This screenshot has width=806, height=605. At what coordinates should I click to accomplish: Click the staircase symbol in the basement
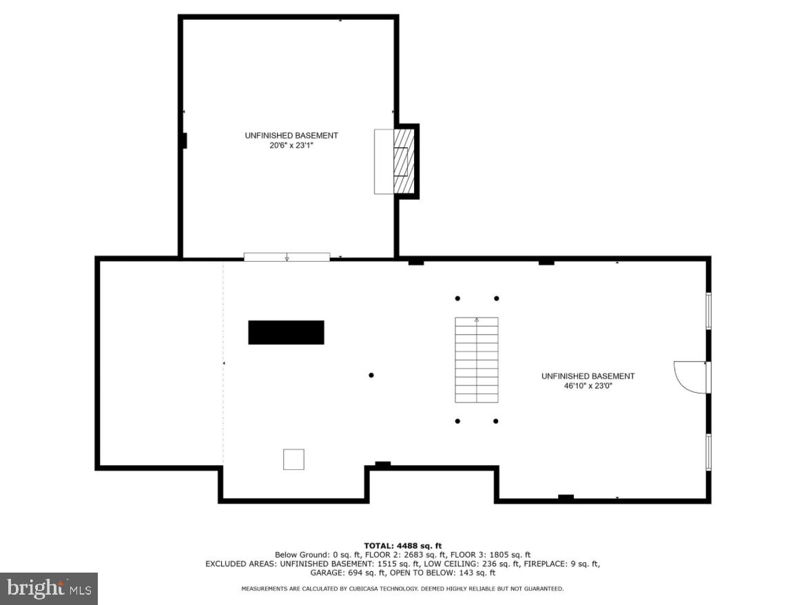(476, 360)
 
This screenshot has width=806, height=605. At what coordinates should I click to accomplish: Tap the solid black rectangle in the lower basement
(286, 332)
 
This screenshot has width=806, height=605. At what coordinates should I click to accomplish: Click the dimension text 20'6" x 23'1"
(291, 146)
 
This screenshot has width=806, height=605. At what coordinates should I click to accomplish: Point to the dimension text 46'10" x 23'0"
(588, 387)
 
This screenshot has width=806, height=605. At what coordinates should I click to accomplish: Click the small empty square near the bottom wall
(293, 459)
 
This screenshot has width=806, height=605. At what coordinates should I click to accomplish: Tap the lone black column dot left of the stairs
(371, 375)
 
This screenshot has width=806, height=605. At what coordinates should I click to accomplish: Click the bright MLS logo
(48, 588)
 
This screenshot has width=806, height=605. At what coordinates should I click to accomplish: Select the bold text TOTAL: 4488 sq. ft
(403, 545)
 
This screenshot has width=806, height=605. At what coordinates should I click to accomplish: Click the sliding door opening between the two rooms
(287, 257)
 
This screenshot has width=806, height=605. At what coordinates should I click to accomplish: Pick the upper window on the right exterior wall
(708, 310)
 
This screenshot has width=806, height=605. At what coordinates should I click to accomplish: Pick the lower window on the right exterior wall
(708, 452)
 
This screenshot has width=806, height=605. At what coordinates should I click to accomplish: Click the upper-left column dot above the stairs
(457, 298)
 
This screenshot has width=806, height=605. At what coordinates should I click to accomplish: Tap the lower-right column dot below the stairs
(496, 420)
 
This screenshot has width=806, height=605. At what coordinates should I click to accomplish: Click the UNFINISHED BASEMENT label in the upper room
(291, 136)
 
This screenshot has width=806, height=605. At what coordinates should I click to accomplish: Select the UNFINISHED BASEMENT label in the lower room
(588, 376)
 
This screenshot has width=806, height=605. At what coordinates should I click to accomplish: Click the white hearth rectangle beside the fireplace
(383, 162)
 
